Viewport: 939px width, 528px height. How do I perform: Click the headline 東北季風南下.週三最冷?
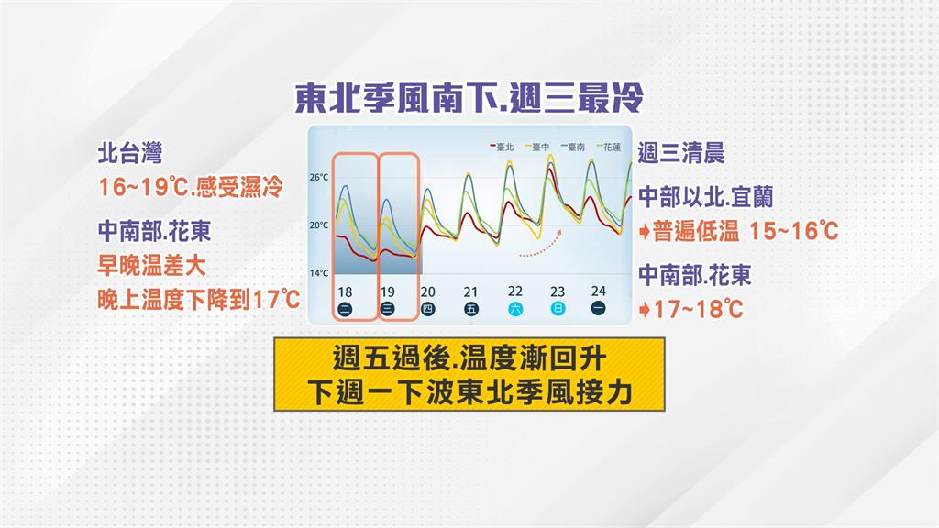pyautogui.click(x=469, y=98)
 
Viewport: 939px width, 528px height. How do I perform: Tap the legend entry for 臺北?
pyautogui.click(x=502, y=146)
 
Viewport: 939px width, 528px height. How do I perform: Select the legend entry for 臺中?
pyautogui.click(x=536, y=146)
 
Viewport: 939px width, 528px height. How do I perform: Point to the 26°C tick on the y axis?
pyautogui.click(x=318, y=177)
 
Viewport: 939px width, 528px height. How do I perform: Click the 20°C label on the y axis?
pyautogui.click(x=318, y=225)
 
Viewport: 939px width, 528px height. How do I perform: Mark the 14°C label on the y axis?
pyautogui.click(x=318, y=273)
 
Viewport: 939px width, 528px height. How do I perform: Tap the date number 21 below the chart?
pyautogui.click(x=471, y=291)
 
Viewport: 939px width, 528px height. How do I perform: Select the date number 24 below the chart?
pyautogui.click(x=599, y=291)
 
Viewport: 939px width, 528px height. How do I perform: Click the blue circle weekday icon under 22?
pyautogui.click(x=514, y=309)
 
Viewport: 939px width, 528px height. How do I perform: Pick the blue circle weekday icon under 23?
pyautogui.click(x=558, y=309)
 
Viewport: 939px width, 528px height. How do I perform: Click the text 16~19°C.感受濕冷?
pyautogui.click(x=190, y=187)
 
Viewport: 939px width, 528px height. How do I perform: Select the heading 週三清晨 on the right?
pyautogui.click(x=680, y=152)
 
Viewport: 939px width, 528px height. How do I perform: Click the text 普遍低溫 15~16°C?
pyautogui.click(x=744, y=231)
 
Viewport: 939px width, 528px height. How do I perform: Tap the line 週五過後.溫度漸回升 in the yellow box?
pyautogui.click(x=469, y=356)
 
